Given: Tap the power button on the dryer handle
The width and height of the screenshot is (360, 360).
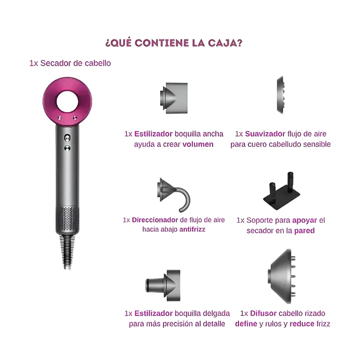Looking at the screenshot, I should pos(67,137).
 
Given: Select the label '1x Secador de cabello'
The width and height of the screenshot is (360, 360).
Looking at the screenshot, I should pos(70,63).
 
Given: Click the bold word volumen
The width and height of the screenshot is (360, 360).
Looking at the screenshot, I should pos(198,144).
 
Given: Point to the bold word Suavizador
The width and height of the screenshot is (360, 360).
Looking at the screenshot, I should pos(265,134).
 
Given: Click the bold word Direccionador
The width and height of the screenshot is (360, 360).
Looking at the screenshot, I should pos(155,219).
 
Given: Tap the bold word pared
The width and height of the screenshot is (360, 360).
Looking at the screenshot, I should pos(304,231).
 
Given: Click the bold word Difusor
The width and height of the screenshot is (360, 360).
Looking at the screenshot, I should pos(262,313).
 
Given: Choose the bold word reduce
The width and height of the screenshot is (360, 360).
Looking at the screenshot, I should pos(302,324).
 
